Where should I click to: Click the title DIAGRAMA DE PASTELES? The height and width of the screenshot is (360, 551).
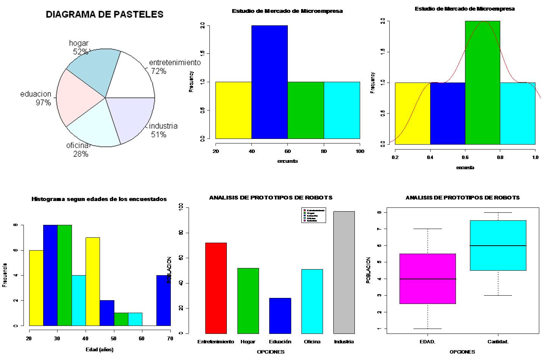[x=105, y=14]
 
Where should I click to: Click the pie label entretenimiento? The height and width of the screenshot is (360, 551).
[x=175, y=62]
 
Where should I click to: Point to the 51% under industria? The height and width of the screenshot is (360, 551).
[x=158, y=134]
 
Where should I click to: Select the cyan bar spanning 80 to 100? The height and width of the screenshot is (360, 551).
[x=342, y=110]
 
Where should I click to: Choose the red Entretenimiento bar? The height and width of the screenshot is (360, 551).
[x=216, y=288]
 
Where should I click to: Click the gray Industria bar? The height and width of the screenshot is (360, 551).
[x=344, y=272]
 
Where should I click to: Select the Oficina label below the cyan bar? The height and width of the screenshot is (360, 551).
[x=312, y=342]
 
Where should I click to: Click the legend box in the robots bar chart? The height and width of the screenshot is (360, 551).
[x=314, y=215]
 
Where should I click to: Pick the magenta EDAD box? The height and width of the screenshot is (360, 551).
[x=428, y=279]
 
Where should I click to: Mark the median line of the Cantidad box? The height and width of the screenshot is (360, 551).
[x=498, y=246]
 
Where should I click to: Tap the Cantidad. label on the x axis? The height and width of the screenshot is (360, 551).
[x=498, y=342]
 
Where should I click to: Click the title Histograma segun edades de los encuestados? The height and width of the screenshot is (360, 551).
[x=99, y=199]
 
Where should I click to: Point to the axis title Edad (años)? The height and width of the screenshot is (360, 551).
[x=99, y=349]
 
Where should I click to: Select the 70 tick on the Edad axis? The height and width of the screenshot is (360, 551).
[x=170, y=338]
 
